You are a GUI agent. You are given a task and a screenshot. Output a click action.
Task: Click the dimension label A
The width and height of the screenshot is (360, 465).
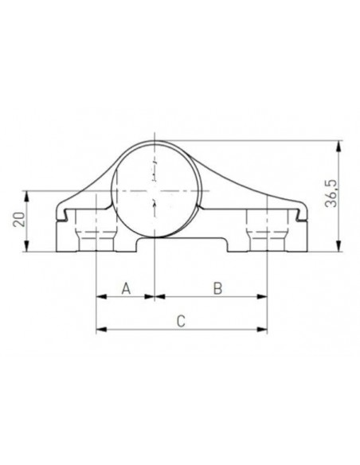pyautogui.click(x=126, y=288)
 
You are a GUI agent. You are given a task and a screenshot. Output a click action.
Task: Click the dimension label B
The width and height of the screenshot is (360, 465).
pyautogui.click(x=218, y=288)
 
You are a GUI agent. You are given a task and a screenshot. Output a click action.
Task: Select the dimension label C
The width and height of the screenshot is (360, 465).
pyautogui.click(x=181, y=321)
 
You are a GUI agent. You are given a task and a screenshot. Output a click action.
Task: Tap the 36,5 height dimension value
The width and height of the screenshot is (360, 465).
pyautogui.click(x=331, y=193)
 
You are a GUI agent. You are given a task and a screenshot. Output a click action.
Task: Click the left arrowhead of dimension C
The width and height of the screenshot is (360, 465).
pyautogui.click(x=101, y=329)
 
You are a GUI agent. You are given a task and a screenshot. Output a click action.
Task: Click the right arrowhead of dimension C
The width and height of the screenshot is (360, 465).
pyautogui.click(x=262, y=329)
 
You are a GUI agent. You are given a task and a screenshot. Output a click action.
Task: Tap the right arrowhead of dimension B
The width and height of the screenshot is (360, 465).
pyautogui.click(x=262, y=296)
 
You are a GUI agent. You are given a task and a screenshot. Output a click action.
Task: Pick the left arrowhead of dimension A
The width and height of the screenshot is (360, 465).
pyautogui.click(x=101, y=296)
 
